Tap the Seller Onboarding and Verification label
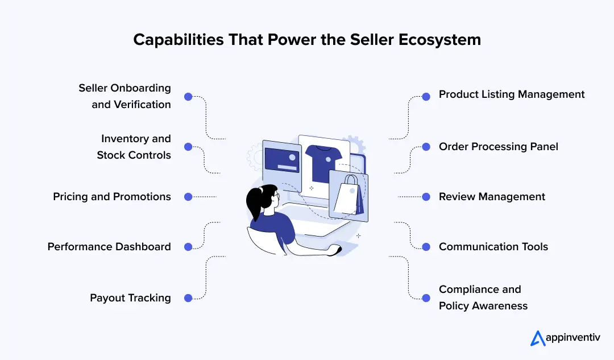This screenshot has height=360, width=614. [125, 96]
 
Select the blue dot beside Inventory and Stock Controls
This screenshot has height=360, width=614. [188, 147]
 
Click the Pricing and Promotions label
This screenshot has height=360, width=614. [112, 197]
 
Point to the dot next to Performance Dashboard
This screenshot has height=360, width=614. [188, 247]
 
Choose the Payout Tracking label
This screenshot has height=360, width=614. [130, 298]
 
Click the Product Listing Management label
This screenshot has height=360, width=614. [512, 94]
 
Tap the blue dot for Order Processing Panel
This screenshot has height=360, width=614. [426, 147]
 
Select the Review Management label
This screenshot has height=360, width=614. [492, 197]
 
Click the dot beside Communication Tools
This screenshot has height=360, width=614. [426, 247]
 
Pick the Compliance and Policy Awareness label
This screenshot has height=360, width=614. [483, 297]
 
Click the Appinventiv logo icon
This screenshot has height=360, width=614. [537, 338]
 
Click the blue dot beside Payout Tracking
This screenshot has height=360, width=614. [188, 298]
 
